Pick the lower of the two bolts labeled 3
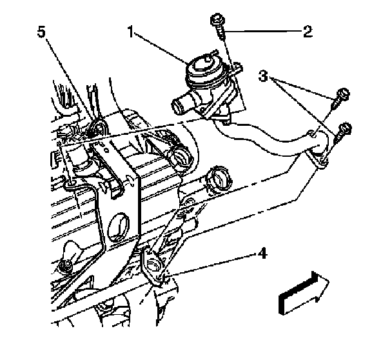coord(344,130)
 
